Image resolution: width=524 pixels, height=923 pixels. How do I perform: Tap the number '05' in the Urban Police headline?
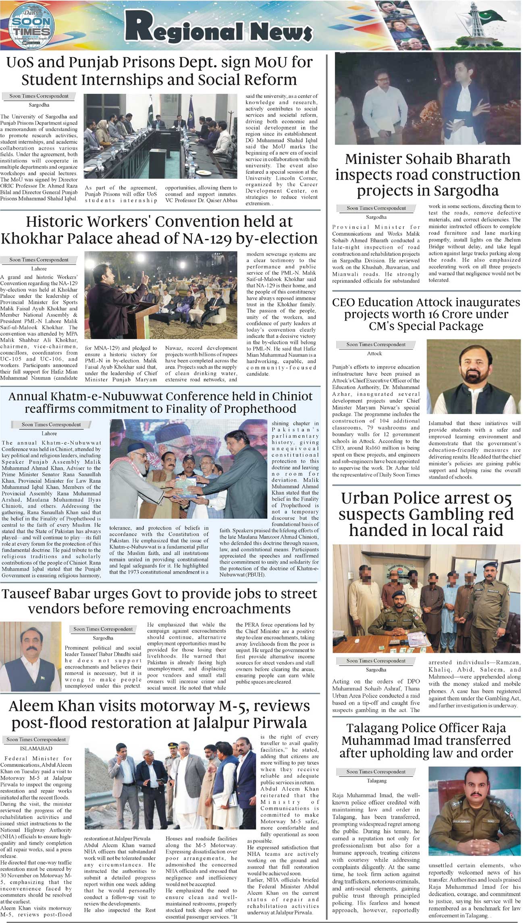(x=500, y=499)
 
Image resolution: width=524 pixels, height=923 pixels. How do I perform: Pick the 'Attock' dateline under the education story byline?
(x=374, y=354)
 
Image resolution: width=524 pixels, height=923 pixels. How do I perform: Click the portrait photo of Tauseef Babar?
(x=31, y=656)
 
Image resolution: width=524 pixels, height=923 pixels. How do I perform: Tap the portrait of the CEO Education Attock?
(x=473, y=376)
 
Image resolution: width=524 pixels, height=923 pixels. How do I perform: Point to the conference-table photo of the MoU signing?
(x=160, y=136)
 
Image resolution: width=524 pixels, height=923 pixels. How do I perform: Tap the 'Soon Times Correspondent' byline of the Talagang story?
(x=376, y=772)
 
